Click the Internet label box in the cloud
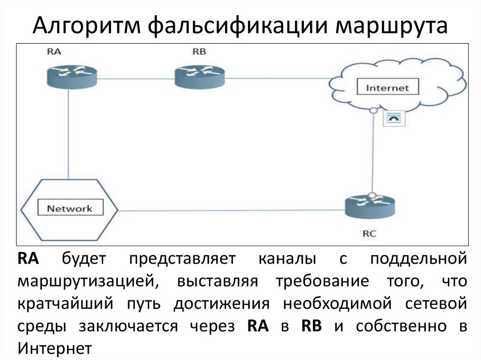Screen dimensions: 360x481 [387, 87]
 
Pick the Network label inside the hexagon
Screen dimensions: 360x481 [70, 208]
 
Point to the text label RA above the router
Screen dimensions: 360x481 [54, 52]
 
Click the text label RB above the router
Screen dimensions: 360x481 [199, 52]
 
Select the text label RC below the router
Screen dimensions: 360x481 [369, 233]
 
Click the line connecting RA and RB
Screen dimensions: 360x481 [136, 78]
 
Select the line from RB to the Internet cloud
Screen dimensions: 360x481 [277, 78]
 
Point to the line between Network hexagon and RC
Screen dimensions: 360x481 [230, 211]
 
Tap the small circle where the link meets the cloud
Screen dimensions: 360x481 [373, 111]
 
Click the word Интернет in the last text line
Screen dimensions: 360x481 [54, 348]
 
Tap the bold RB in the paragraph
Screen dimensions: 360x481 [311, 326]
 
